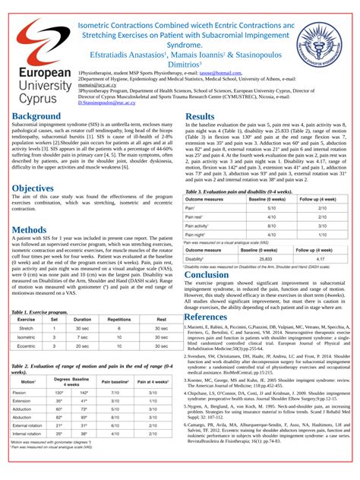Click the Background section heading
(36, 116)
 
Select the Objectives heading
(32, 188)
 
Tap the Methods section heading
(29, 229)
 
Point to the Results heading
(200, 116)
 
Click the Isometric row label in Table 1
(26, 336)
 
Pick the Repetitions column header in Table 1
(119, 320)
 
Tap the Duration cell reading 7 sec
(82, 336)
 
